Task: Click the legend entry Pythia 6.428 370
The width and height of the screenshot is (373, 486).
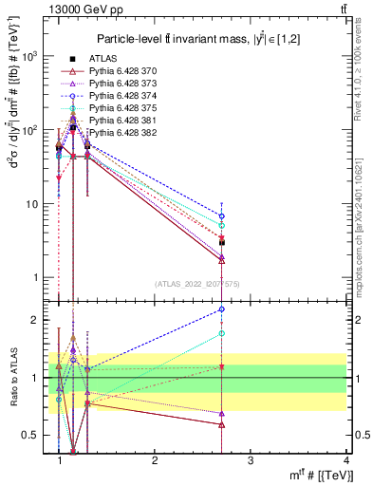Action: [x=126, y=71]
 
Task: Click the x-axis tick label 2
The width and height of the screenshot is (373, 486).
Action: [x=155, y=459]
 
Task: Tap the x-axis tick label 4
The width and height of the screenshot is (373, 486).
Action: [x=346, y=459]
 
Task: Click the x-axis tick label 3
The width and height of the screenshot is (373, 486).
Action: [x=251, y=459]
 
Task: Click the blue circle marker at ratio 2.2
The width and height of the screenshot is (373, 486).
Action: [x=222, y=308]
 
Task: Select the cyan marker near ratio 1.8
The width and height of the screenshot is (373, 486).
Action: [x=222, y=333]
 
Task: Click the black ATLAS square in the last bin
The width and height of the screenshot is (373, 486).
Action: [x=222, y=243]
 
